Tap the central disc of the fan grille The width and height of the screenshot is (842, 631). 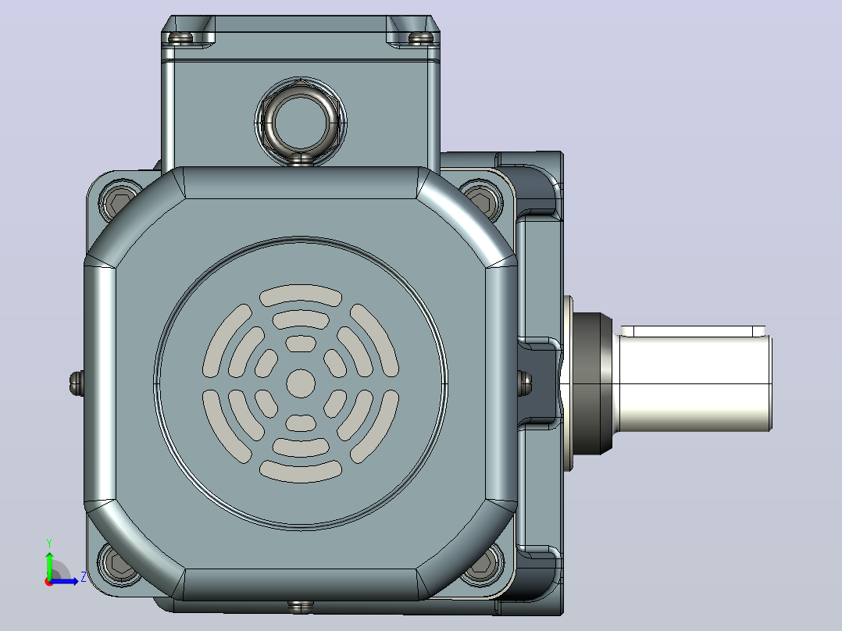pos(301,383)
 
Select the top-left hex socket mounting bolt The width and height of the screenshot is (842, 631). pos(120,201)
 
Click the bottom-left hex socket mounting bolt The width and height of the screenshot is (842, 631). pos(120,564)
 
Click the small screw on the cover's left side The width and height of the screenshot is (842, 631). pos(77,383)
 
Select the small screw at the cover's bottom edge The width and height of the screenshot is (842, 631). pos(300,607)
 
